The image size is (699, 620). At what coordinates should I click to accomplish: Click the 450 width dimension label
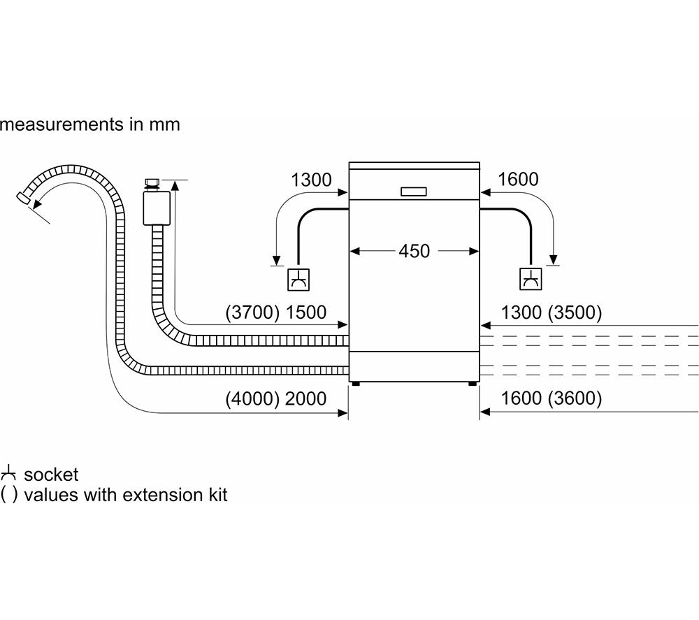(414, 251)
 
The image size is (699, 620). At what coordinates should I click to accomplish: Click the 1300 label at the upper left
(311, 180)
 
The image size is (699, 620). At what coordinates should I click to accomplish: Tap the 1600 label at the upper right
(518, 179)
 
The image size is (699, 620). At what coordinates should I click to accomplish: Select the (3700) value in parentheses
(252, 312)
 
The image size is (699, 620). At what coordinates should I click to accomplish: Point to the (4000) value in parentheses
(252, 398)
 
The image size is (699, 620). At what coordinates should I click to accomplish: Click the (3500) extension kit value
(575, 312)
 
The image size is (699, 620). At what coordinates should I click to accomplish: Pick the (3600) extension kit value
(575, 398)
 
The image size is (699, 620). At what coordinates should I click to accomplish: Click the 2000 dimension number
(306, 398)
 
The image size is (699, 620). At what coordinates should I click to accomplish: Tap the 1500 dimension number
(306, 312)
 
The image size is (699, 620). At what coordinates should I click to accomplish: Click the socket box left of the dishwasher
(298, 280)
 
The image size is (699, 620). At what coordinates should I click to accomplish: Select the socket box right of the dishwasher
(531, 279)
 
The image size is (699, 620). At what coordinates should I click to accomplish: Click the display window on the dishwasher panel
(414, 192)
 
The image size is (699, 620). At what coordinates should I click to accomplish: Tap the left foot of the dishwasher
(355, 383)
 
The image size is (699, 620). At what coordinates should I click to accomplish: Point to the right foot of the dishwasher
(473, 383)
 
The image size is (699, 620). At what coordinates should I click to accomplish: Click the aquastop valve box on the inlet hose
(157, 208)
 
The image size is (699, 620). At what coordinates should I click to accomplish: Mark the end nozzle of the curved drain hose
(23, 197)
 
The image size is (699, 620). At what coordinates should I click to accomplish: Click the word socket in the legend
(51, 475)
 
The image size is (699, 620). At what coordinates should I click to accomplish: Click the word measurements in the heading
(62, 124)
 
